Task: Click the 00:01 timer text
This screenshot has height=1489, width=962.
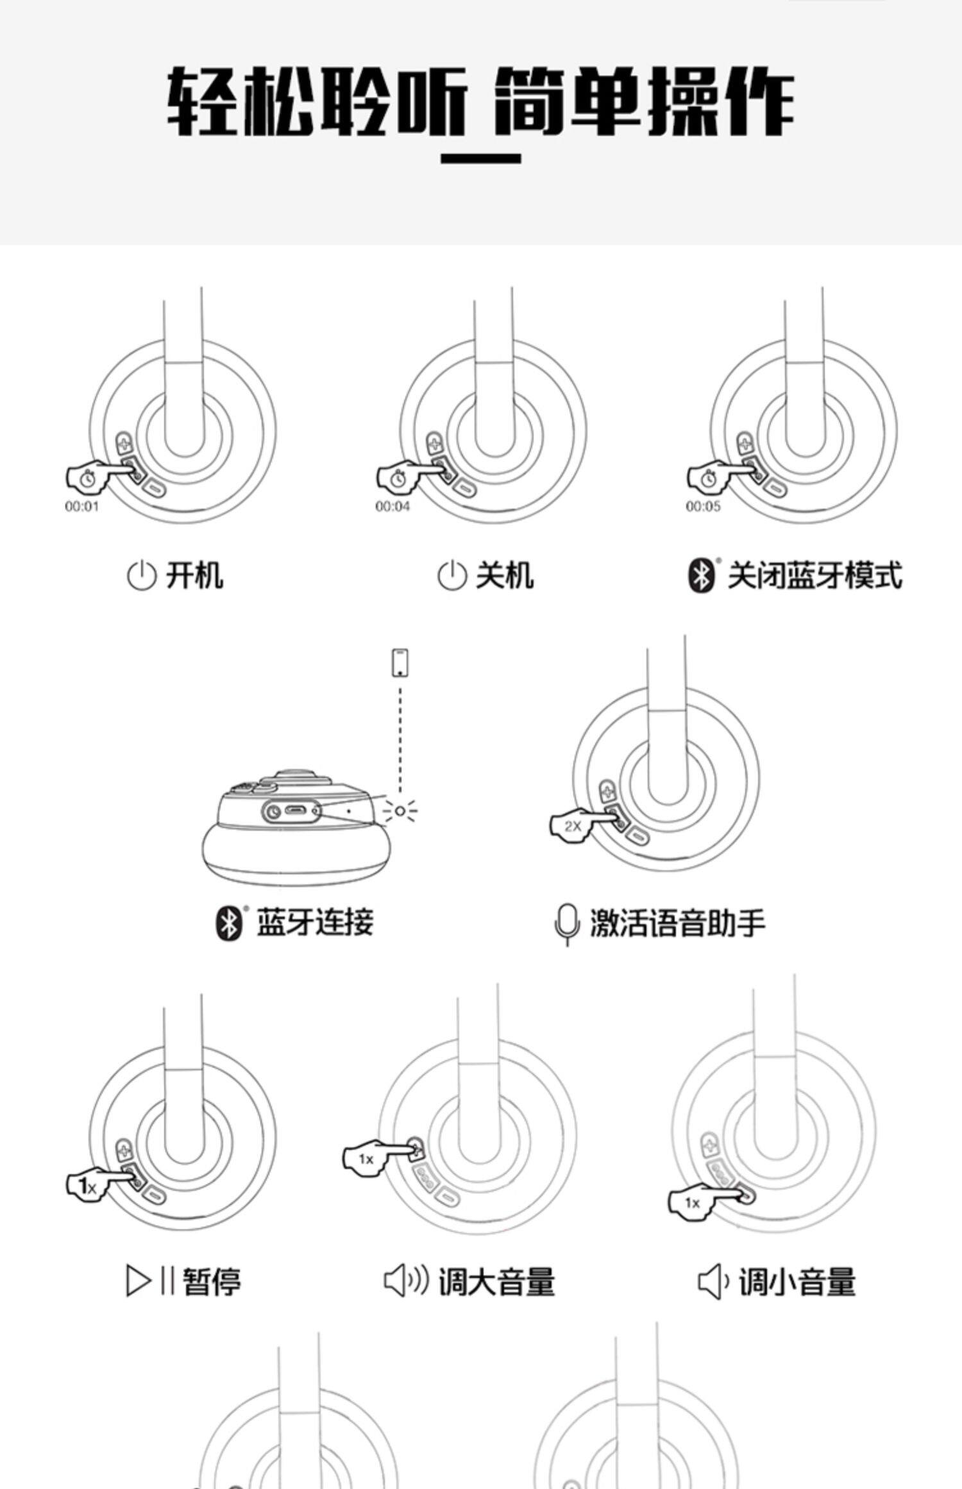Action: click(x=82, y=507)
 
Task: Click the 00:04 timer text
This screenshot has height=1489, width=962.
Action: click(x=392, y=507)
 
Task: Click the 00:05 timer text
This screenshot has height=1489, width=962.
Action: click(x=703, y=507)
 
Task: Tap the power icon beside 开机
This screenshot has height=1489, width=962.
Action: click(x=140, y=575)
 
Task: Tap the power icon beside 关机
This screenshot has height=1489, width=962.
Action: click(x=451, y=575)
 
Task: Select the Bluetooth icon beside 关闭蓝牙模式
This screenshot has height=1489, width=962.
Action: click(x=702, y=575)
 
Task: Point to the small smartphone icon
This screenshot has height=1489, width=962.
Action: click(x=401, y=662)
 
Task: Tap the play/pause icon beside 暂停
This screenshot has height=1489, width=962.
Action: click(x=149, y=1281)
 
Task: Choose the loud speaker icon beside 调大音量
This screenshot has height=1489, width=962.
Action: click(x=405, y=1281)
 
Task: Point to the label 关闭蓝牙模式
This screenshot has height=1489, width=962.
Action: click(x=814, y=575)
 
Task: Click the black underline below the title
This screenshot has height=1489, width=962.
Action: click(x=480, y=158)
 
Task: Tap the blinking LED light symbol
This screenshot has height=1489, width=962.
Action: click(x=400, y=811)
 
